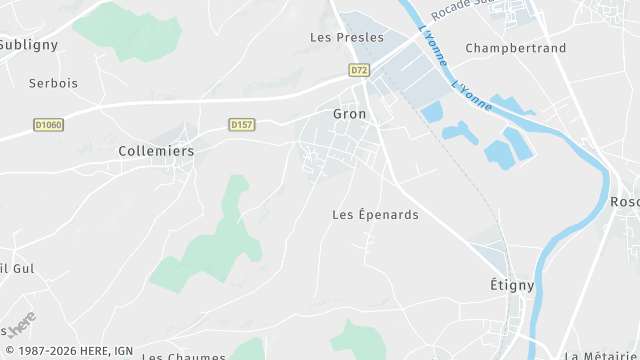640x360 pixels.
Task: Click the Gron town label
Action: (x=349, y=114)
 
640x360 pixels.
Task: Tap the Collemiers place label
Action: (x=156, y=151)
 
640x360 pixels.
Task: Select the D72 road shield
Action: (x=360, y=70)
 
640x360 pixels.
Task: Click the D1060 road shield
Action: (x=47, y=125)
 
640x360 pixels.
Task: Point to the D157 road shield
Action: (x=241, y=125)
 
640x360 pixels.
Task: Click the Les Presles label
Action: (x=347, y=38)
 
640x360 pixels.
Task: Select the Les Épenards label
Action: (x=375, y=215)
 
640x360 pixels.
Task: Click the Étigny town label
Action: (x=511, y=285)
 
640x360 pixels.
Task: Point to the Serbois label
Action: (x=53, y=84)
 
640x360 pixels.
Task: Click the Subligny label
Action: (x=29, y=45)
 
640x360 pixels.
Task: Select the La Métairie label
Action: (x=601, y=355)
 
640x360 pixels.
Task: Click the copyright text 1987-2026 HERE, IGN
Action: (x=67, y=351)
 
